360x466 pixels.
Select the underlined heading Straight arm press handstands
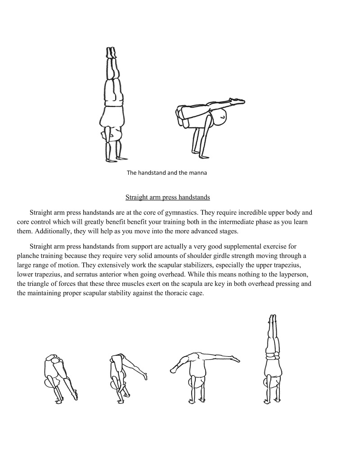point(167,197)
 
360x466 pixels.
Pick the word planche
point(28,255)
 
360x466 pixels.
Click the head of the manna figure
point(220,118)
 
